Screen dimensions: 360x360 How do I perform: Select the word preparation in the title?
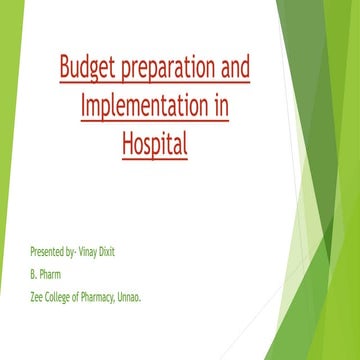click(179, 72)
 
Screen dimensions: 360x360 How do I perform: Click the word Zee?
click(38, 294)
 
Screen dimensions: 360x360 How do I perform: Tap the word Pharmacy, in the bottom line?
click(109, 294)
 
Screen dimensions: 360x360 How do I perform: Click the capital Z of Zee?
click(33, 294)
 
